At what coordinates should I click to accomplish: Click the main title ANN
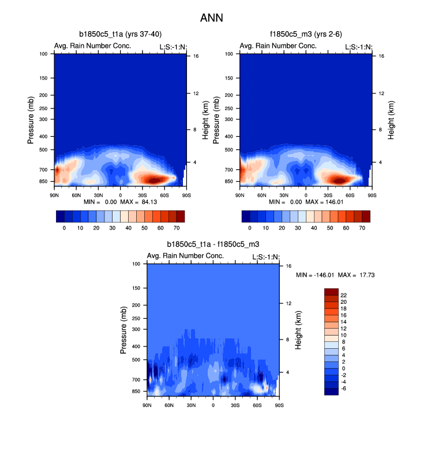(211, 18)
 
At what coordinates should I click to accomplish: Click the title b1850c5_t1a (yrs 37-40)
(120, 35)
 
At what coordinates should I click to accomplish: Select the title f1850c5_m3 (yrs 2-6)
(305, 35)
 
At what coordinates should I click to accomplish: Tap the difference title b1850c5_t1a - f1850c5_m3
(213, 244)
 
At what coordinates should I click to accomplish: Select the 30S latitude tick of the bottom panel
(235, 406)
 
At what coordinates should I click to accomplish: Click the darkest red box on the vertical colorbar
(331, 291)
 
